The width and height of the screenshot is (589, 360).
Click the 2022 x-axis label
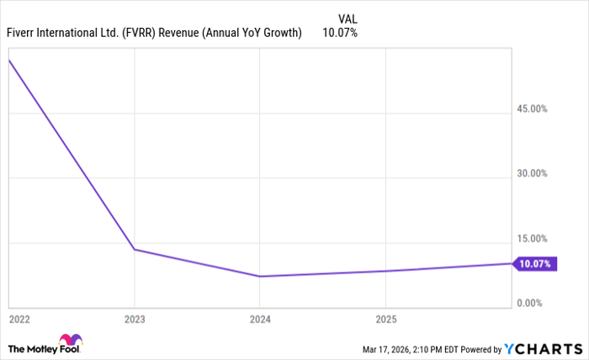pos(19,320)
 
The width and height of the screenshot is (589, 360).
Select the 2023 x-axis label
pos(135,320)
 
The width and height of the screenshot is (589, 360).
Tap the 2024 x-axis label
pos(260,320)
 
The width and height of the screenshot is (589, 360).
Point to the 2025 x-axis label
pos(385,320)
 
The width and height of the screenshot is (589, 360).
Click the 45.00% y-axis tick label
pos(532,109)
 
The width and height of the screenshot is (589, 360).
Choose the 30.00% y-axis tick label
pos(532,174)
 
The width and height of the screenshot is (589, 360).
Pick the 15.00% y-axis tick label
pos(532,239)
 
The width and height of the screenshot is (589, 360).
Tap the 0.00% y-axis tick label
pos(534,303)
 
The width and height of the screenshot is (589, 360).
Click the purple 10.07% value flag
pos(534,264)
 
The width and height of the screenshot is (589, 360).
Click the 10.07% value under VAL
pos(340,33)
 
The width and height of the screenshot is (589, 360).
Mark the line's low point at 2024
pos(260,276)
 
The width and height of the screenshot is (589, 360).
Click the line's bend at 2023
pos(135,250)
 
